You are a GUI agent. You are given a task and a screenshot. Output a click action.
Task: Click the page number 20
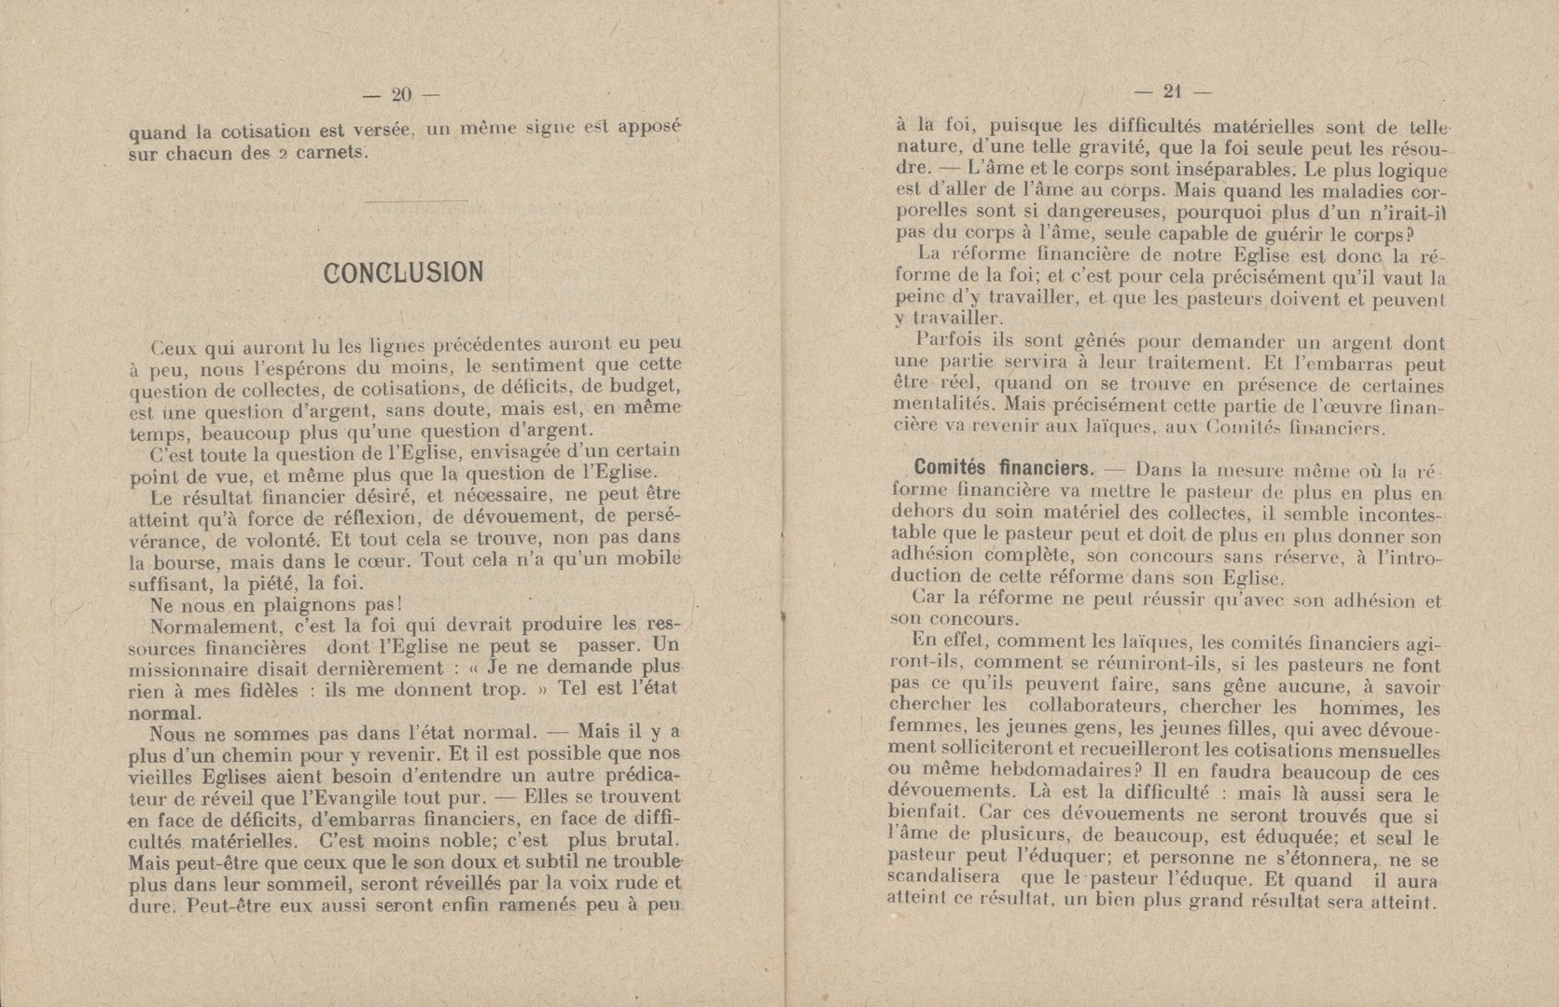(402, 93)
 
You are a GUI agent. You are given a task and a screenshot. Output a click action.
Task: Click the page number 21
(1172, 91)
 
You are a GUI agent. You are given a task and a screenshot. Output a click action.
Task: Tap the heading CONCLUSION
(403, 272)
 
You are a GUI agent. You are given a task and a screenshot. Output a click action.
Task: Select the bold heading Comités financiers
(991, 467)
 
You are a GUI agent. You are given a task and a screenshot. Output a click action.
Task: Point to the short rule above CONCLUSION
(417, 200)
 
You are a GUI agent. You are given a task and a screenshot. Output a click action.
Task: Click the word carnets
(327, 154)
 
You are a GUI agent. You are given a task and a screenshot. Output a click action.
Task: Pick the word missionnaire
(183, 669)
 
